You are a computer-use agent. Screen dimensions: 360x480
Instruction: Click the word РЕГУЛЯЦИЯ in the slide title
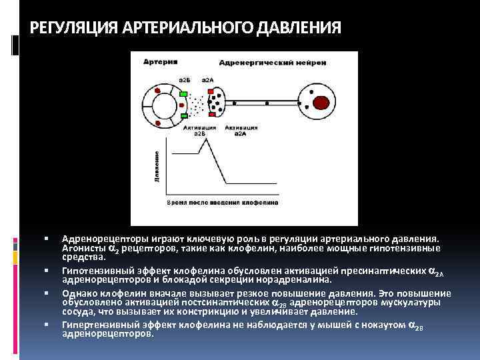pyautogui.click(x=71, y=29)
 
